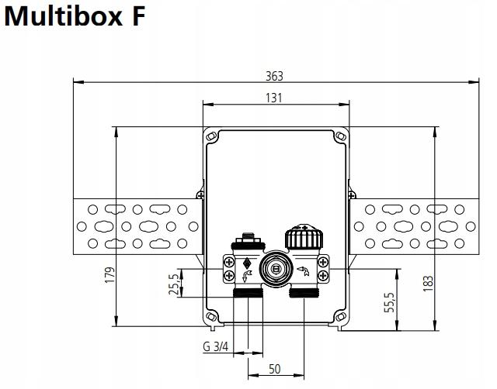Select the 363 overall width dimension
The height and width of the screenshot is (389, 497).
tap(274, 75)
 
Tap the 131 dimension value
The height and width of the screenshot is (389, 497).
tap(273, 98)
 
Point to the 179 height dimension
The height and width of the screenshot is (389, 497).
tap(109, 276)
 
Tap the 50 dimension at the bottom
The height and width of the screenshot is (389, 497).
tap(273, 370)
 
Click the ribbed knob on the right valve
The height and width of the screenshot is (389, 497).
tap(301, 236)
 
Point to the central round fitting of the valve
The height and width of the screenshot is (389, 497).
tap(273, 270)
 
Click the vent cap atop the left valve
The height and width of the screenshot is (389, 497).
tap(247, 234)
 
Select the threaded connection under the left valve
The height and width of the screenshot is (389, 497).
tap(247, 294)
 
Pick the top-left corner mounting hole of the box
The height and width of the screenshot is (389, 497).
tap(210, 137)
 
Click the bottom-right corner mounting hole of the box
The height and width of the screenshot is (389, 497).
tap(338, 317)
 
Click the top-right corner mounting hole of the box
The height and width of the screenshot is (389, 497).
tap(338, 137)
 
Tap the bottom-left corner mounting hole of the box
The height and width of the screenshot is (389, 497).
tap(210, 317)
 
